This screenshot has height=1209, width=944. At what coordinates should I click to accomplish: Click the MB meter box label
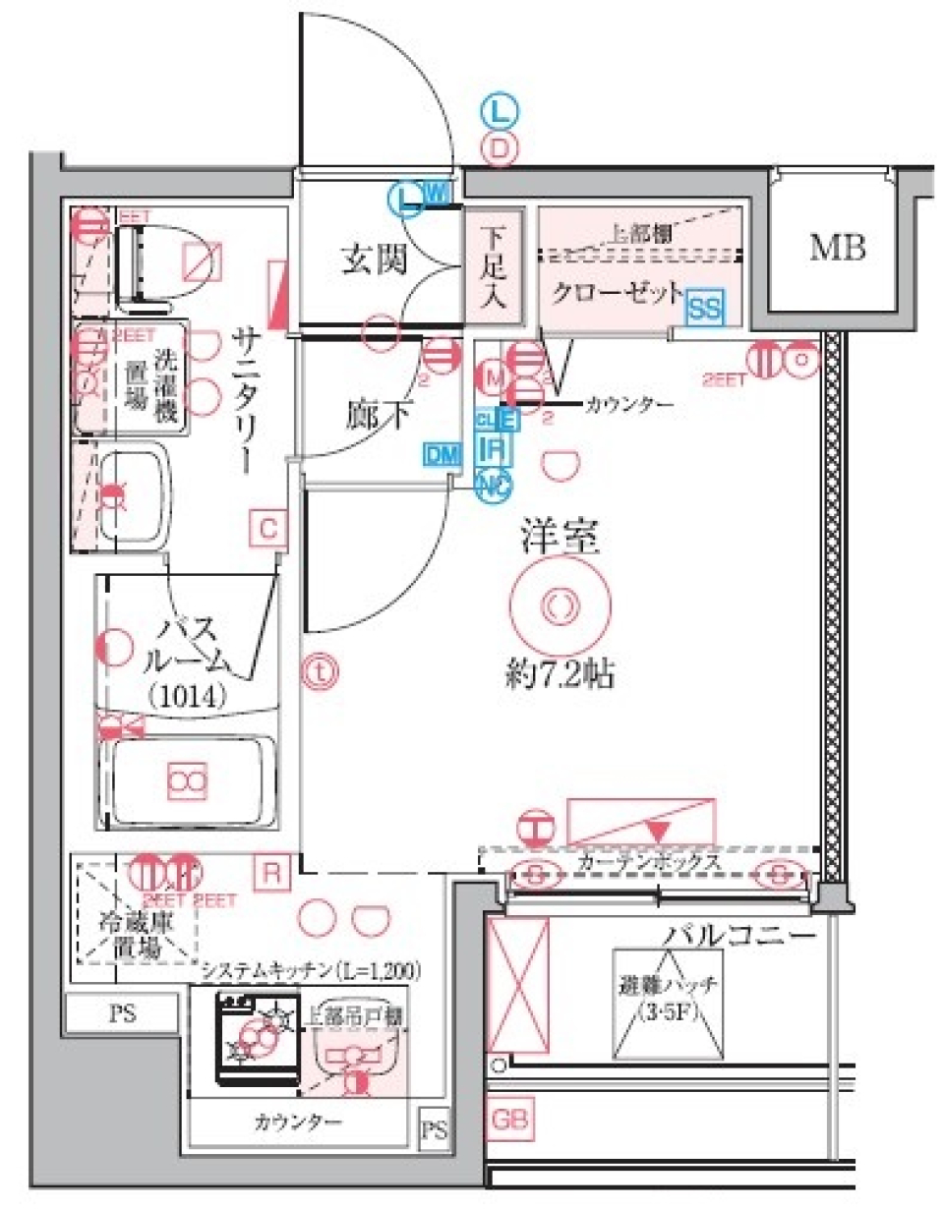tap(837, 249)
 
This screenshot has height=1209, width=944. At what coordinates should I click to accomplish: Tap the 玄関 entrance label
tap(375, 259)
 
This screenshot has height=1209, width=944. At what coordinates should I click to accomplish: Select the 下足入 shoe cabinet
tap(493, 268)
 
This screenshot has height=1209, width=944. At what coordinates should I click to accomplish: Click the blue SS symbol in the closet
tap(704, 309)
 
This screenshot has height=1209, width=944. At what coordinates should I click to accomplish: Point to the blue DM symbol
tap(442, 453)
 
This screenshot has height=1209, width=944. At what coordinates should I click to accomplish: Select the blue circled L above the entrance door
tap(500, 112)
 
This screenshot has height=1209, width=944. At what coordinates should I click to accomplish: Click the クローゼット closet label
tap(617, 293)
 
